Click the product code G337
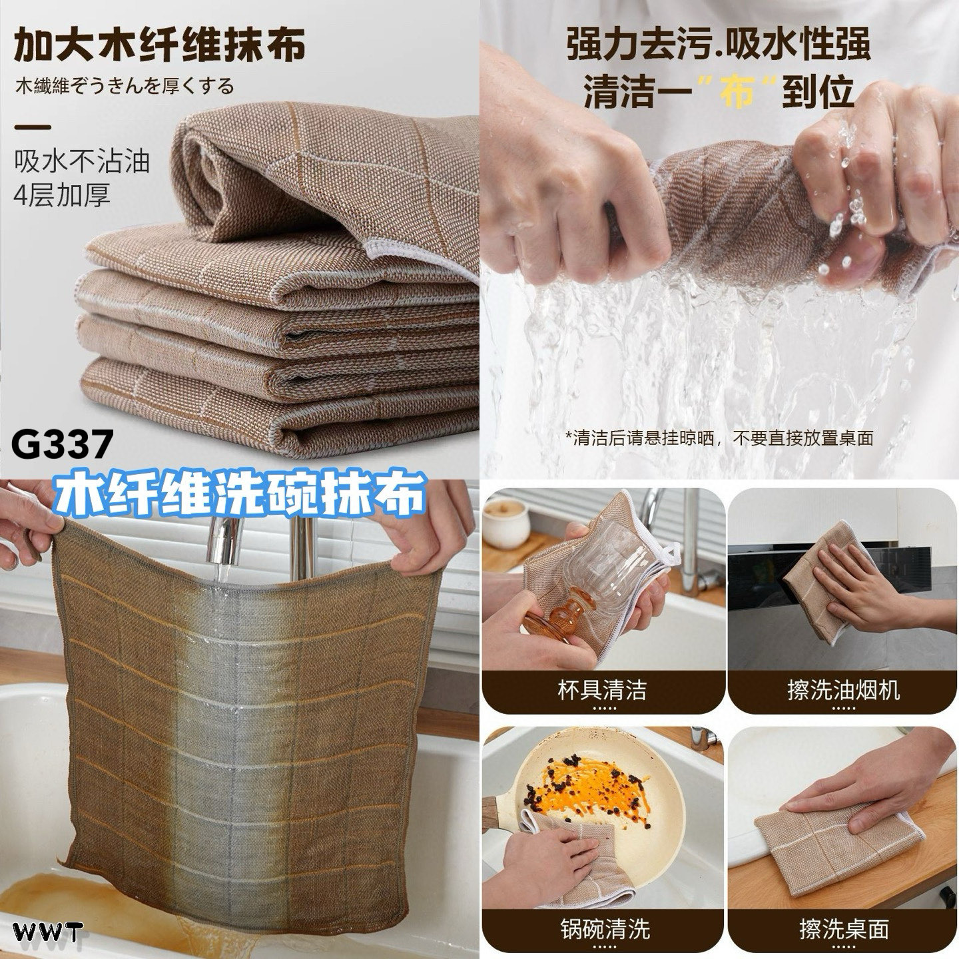62,446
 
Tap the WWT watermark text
47,932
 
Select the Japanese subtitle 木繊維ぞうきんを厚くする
125,87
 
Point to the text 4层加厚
61,194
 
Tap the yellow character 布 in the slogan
737,93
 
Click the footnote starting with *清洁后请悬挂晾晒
720,438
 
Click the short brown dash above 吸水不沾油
33,127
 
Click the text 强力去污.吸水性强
720,45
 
